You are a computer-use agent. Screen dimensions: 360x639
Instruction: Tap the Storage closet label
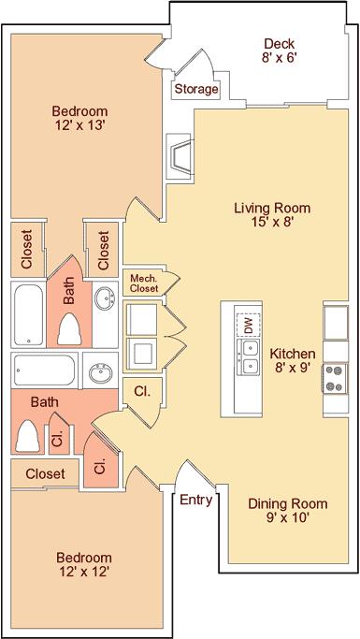coord(196,89)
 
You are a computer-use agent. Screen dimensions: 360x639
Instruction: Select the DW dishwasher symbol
coord(248,326)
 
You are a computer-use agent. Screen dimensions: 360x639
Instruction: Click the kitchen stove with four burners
coord(335,378)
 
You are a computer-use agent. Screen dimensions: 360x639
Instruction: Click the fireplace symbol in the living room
coord(180,157)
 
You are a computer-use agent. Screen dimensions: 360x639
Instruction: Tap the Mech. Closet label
coord(144,283)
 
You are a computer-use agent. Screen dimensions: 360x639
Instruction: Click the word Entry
coord(196,500)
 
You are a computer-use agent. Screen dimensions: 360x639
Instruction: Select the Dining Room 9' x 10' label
coord(287,511)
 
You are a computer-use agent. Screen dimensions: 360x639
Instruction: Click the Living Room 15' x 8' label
coord(272,214)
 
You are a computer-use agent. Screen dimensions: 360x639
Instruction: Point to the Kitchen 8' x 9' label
coord(293,360)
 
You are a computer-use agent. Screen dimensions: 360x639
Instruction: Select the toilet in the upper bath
coord(69,329)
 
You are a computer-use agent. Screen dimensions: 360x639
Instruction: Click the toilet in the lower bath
coord(28,436)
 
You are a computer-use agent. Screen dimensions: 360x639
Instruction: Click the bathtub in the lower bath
coord(45,370)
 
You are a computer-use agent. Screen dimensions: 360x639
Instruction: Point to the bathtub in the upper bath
coord(28,314)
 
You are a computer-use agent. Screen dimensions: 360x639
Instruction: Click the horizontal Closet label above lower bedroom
coord(45,473)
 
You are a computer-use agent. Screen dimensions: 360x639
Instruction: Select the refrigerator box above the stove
coord(336,323)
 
